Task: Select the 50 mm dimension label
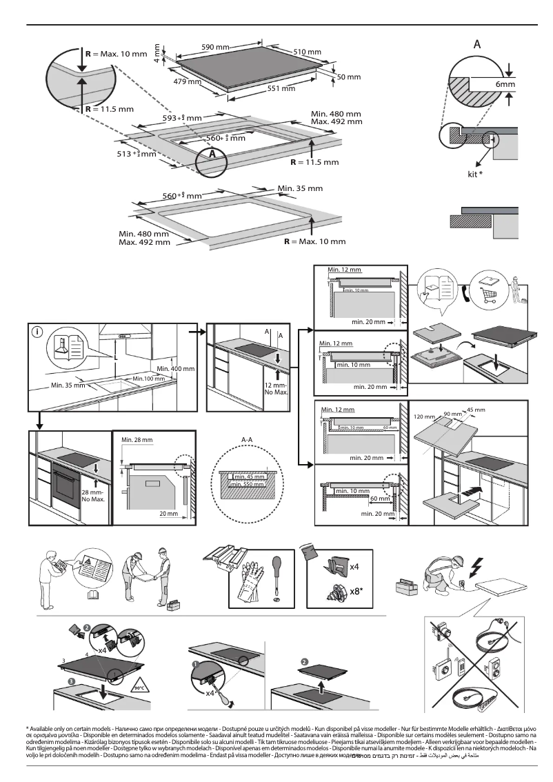349,77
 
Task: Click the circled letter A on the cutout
212,154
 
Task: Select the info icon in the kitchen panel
37,332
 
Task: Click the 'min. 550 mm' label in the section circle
250,485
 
